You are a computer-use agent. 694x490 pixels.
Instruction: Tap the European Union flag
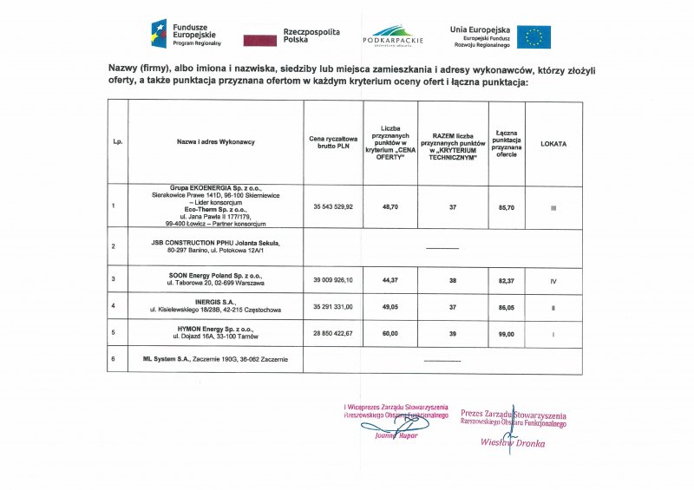coord(534,36)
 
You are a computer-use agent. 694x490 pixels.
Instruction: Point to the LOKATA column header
coord(553,144)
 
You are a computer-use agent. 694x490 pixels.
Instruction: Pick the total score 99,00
coord(506,334)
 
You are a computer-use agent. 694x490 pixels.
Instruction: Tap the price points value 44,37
coord(389,280)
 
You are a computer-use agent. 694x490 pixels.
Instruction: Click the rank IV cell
coord(553,280)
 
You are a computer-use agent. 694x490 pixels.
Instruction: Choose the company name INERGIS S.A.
coord(215,303)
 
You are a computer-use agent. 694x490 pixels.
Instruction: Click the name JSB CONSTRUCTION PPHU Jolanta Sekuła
coord(215,243)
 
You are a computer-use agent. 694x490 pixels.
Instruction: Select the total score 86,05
coord(506,307)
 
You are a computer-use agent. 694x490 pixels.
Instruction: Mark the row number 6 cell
coord(114,359)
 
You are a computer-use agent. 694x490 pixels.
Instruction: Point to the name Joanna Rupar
coord(396,435)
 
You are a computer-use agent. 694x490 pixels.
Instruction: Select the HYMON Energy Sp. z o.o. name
coord(215,329)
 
